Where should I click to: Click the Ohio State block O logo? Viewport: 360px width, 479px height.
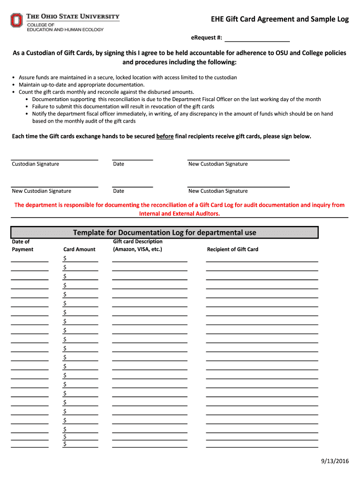16,20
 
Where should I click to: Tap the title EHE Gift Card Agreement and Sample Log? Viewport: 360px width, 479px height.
279,19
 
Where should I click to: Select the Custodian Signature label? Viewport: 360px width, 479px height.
36,164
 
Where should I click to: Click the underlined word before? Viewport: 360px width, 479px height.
165,136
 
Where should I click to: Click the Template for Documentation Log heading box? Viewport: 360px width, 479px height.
165,232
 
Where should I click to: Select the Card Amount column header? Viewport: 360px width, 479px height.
79,249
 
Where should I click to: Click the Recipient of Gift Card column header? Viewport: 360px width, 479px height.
232,249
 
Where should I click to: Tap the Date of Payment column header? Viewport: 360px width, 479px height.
22,246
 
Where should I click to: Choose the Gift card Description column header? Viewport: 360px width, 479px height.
138,241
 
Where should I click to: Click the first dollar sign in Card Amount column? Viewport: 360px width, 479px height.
65,259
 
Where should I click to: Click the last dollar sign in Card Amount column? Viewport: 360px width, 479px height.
65,444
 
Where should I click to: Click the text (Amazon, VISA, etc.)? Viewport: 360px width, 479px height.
137,249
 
